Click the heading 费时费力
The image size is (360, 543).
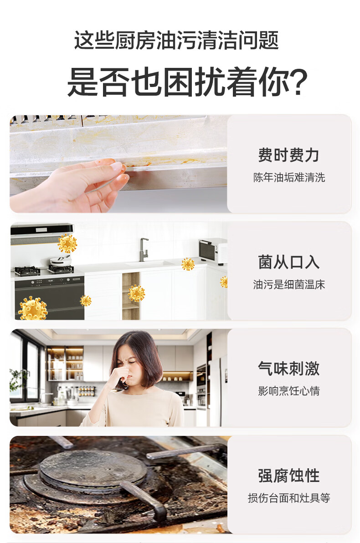288,155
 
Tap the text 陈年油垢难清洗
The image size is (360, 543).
289,178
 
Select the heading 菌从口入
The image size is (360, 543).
288,262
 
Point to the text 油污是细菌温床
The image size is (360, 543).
289,285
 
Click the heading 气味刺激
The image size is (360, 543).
288,369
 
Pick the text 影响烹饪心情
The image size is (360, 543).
289,391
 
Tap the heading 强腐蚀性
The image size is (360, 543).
288,476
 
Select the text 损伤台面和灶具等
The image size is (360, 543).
289,498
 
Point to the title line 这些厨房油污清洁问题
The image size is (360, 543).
176,40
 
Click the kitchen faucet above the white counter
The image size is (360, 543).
144,249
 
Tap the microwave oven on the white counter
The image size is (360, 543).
213,251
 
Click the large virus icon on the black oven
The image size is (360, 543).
33,308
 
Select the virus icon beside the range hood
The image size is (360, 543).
67,243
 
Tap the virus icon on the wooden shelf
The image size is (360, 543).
137,294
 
